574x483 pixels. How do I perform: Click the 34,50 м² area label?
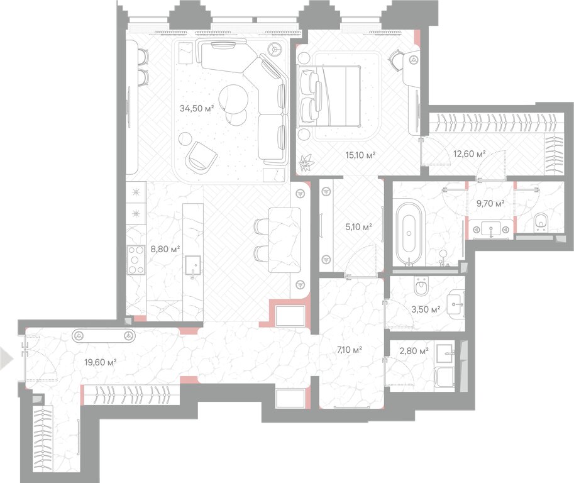point(197,108)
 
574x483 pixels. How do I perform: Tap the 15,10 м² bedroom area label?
point(361,155)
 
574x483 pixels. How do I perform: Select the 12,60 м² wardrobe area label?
point(469,154)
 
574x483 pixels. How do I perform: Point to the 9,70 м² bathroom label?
point(490,203)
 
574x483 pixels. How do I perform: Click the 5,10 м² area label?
point(359,227)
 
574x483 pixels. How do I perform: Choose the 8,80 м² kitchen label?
point(165,250)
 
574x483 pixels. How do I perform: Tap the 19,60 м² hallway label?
point(101,362)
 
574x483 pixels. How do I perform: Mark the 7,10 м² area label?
point(349,350)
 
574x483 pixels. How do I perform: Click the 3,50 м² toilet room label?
point(426,309)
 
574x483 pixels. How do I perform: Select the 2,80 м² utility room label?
point(414,351)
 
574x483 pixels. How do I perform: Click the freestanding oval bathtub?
point(409,233)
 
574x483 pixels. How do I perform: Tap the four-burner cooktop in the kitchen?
point(136,260)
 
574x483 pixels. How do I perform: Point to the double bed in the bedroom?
point(329,96)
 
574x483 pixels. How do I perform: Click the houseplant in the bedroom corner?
point(305,163)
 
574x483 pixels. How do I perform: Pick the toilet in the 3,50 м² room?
point(421,286)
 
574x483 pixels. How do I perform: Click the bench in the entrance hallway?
point(104,335)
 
